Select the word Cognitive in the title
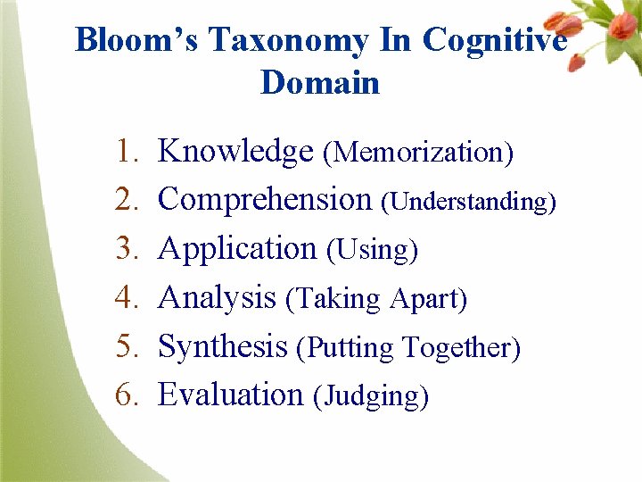(x=495, y=41)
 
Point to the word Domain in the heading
(x=320, y=83)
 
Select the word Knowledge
(x=235, y=153)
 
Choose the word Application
(x=237, y=249)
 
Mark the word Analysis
(x=217, y=297)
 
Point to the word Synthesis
(x=223, y=345)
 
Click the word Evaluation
(x=231, y=394)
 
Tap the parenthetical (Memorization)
(x=418, y=154)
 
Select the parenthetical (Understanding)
(x=469, y=203)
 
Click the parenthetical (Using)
(x=373, y=251)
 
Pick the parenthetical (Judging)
(x=371, y=395)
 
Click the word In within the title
(x=395, y=41)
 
